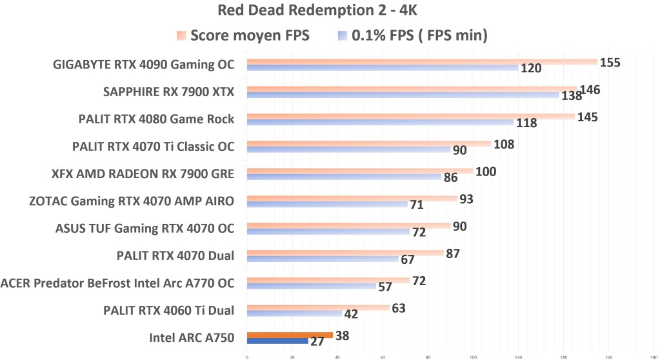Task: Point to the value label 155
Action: (610, 63)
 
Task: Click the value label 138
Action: (571, 95)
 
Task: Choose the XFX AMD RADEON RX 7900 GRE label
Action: (143, 174)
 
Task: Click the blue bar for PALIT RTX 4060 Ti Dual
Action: (294, 314)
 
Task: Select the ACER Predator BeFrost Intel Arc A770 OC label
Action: (117, 283)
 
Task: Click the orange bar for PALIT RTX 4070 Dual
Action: (345, 254)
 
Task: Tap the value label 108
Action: (503, 144)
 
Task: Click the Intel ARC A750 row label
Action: (192, 337)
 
